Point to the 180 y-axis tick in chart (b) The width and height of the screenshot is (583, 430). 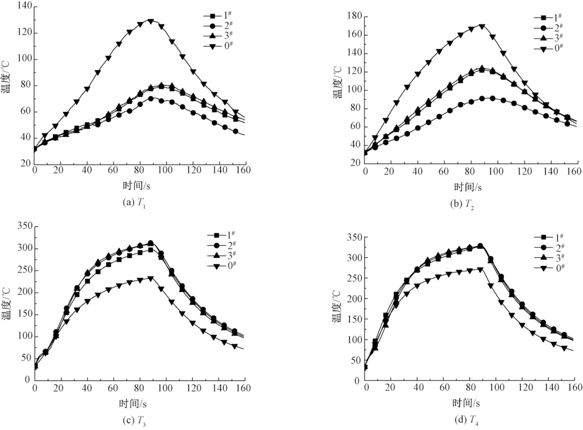coord(354,16)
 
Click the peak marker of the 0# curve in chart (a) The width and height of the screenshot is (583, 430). coord(150,22)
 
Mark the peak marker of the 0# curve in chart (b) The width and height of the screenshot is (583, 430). coord(482,26)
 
